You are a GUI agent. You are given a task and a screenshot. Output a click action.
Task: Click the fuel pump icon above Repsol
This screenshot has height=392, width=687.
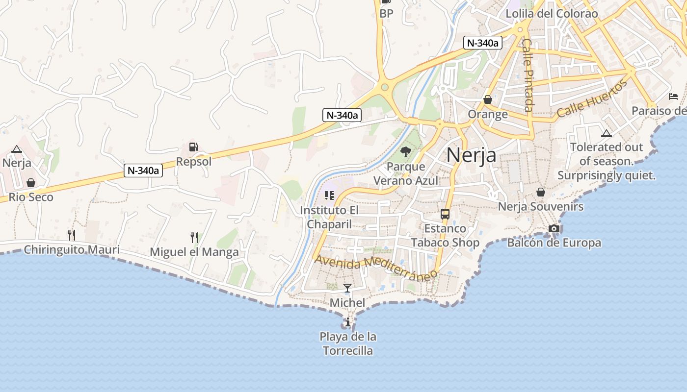click(x=194, y=147)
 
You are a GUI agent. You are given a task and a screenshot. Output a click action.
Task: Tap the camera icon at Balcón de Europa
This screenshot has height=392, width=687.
click(x=554, y=228)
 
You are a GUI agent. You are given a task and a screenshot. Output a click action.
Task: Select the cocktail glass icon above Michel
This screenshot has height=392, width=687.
click(x=347, y=288)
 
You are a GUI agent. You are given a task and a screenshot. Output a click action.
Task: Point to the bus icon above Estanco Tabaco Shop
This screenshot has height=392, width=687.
click(x=445, y=214)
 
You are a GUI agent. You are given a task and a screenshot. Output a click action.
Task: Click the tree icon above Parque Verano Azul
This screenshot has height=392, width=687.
click(x=405, y=152)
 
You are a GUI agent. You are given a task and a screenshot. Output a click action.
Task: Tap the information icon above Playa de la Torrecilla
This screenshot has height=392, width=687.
click(x=348, y=322)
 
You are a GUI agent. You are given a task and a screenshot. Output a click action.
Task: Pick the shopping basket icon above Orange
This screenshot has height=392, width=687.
click(x=488, y=99)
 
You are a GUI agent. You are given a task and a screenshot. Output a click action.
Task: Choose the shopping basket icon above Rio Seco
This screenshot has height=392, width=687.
click(x=31, y=183)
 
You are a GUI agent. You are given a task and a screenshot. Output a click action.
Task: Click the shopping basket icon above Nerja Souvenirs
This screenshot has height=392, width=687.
click(x=541, y=192)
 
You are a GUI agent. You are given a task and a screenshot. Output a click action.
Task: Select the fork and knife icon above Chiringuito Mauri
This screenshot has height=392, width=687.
click(x=72, y=235)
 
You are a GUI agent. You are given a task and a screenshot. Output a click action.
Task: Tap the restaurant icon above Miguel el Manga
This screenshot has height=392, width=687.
click(x=194, y=238)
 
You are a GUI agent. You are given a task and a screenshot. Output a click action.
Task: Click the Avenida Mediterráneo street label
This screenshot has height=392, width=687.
click(x=375, y=267)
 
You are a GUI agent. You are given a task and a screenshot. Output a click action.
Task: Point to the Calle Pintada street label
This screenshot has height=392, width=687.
click(x=528, y=75)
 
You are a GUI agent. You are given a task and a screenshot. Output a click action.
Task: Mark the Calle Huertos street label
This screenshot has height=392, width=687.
click(x=592, y=98)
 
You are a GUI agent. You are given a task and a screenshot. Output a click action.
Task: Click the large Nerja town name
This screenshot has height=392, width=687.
click(x=471, y=155)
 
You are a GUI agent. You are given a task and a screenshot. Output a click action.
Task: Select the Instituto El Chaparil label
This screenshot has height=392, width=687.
click(x=330, y=217)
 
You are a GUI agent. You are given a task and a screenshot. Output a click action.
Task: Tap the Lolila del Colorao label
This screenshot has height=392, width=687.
click(x=552, y=14)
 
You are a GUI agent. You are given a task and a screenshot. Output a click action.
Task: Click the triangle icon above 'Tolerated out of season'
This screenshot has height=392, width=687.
click(x=607, y=133)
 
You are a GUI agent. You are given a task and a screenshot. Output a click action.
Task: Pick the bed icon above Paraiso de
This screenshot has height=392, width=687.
click(x=673, y=97)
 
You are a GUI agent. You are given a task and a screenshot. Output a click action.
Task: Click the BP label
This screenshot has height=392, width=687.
click(x=387, y=14)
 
